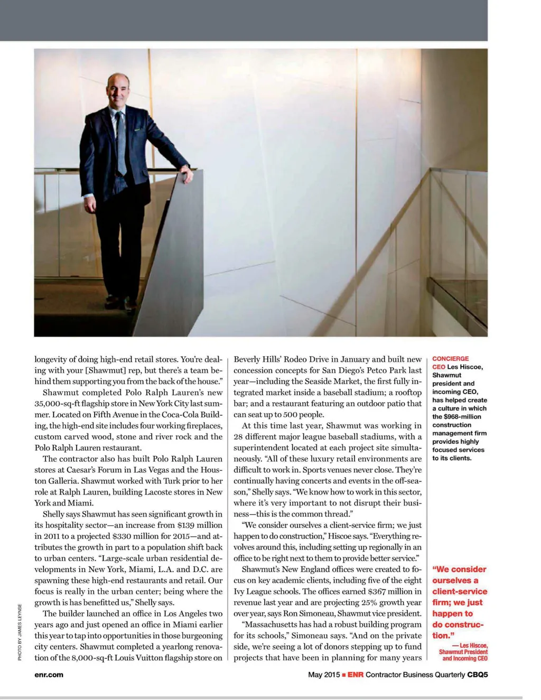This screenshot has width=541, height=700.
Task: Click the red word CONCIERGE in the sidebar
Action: (x=450, y=359)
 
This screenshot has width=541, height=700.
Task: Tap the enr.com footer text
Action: (x=49, y=675)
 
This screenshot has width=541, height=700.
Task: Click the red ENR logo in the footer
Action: (x=356, y=675)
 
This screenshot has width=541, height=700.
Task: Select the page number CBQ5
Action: (x=478, y=675)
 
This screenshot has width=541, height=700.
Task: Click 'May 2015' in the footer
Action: (x=324, y=675)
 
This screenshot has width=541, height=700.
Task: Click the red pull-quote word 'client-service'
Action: (x=460, y=592)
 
